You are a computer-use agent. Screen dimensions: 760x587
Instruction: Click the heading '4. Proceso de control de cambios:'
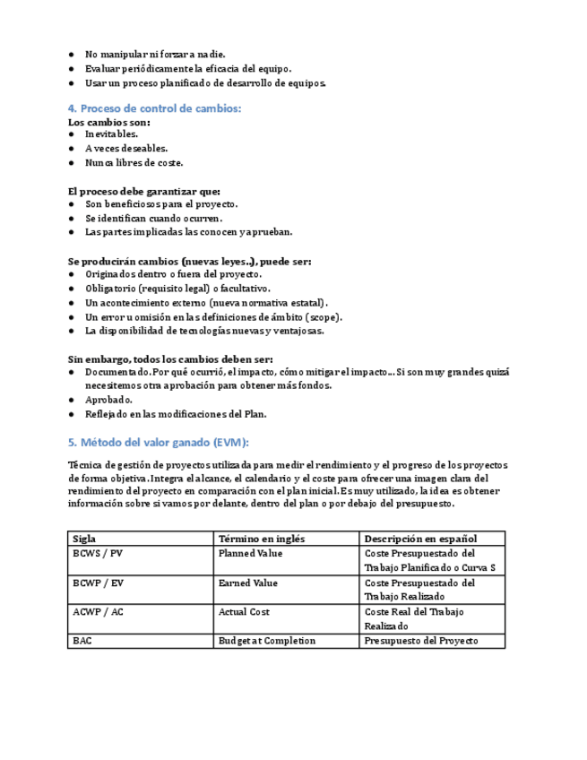click(155, 108)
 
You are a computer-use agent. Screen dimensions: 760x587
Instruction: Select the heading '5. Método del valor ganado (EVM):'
click(159, 443)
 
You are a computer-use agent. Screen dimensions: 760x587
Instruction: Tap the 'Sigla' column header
click(85, 539)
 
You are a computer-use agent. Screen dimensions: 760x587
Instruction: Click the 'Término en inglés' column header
click(262, 539)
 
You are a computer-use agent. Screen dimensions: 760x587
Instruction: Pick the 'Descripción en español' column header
click(420, 539)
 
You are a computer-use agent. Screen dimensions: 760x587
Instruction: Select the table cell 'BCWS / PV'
click(98, 554)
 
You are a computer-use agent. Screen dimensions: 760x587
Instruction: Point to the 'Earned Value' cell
click(247, 583)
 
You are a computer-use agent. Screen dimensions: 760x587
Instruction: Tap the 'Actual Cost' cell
click(244, 612)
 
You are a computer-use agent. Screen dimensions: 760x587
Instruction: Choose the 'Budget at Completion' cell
click(266, 641)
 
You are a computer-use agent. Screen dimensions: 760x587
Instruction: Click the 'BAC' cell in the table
click(82, 641)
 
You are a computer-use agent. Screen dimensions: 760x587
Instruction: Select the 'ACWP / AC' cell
click(98, 612)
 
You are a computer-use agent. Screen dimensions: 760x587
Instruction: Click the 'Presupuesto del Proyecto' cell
click(421, 641)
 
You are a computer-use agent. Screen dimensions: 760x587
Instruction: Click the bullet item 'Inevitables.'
click(111, 134)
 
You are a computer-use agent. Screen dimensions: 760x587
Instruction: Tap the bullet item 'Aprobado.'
click(108, 400)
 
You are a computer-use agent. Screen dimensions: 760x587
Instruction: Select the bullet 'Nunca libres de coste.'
click(134, 163)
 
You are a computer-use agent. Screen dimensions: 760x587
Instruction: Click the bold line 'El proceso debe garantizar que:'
click(144, 191)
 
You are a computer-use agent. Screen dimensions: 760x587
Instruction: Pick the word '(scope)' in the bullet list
click(324, 316)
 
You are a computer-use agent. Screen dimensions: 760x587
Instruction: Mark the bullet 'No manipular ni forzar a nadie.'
click(155, 55)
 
